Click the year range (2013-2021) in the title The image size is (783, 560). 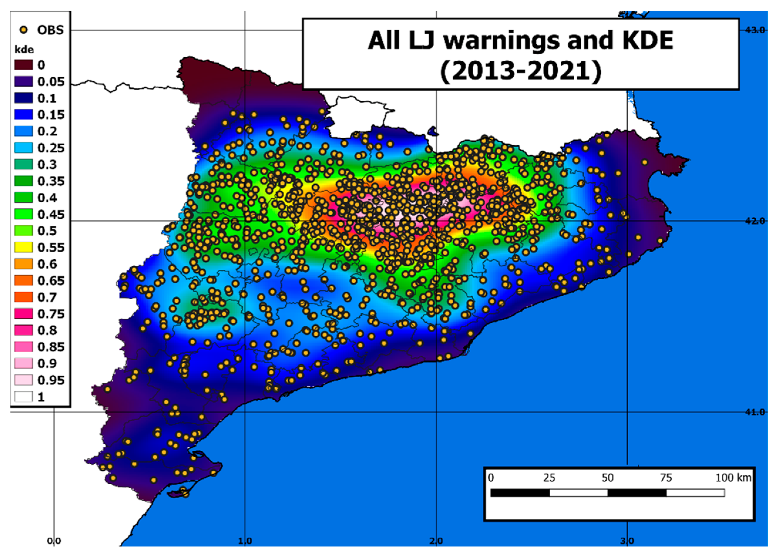(521, 71)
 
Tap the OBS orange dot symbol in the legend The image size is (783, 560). (24, 30)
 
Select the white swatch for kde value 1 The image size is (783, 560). (23, 396)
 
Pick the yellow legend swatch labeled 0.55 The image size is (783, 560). (23, 247)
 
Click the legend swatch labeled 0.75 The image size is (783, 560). (23, 313)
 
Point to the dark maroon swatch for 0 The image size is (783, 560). (23, 65)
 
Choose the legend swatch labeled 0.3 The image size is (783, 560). (23, 164)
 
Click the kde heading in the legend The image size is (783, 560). (24, 50)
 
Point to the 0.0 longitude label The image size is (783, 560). (54, 541)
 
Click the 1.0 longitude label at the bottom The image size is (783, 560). (245, 541)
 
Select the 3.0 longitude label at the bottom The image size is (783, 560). (627, 541)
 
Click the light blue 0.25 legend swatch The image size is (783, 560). (23, 148)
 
